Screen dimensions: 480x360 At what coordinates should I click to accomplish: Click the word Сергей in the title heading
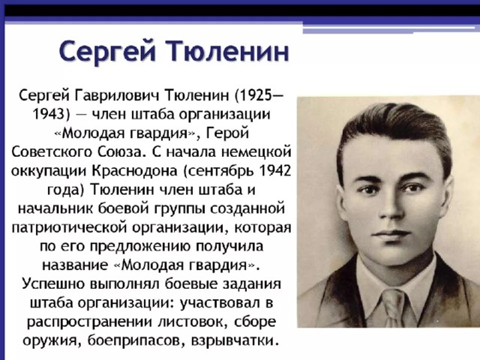(x=107, y=52)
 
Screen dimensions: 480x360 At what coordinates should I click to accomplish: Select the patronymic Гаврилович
(x=117, y=95)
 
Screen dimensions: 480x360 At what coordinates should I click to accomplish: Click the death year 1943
(x=49, y=114)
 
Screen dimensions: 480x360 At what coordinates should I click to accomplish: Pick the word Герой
(x=228, y=133)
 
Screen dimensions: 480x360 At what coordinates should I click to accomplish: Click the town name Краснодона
(x=135, y=171)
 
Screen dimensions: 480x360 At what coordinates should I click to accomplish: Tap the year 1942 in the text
(x=275, y=171)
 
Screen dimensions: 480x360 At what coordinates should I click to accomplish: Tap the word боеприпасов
(x=136, y=340)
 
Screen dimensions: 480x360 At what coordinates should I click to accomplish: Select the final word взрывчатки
(x=235, y=340)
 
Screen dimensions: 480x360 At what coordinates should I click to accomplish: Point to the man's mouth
(x=391, y=234)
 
